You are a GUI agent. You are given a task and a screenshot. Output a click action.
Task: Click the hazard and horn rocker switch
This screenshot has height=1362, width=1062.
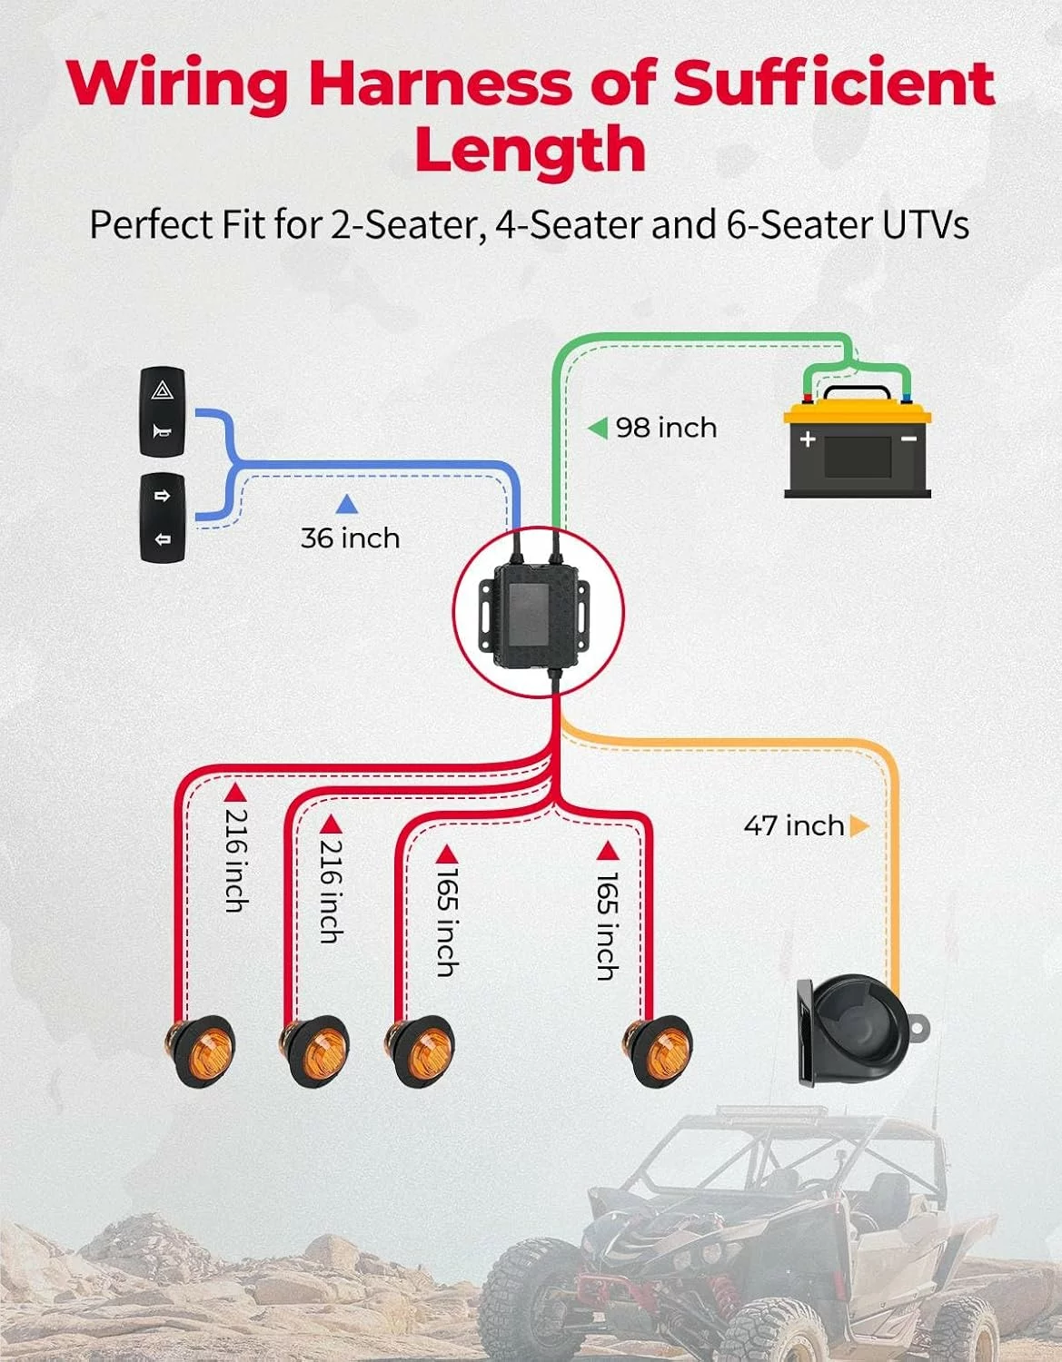click(162, 411)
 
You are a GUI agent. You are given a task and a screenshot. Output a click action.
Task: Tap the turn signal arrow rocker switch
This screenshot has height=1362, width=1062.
click(162, 518)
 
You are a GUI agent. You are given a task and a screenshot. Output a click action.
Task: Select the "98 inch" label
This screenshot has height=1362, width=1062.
click(666, 428)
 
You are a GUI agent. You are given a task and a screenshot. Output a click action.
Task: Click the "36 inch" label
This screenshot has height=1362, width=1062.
click(350, 538)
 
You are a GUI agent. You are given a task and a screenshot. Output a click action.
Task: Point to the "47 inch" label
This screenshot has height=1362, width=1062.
click(794, 825)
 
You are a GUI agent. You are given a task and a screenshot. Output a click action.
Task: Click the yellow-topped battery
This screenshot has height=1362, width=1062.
click(858, 441)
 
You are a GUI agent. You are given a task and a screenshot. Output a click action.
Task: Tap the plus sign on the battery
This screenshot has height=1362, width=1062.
click(808, 439)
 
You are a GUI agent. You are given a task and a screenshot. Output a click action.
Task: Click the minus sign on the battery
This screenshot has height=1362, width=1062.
click(908, 439)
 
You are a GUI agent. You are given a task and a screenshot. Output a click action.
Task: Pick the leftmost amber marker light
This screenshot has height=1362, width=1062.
click(199, 1051)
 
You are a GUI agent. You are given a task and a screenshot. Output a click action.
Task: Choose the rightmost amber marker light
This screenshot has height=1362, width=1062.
click(657, 1051)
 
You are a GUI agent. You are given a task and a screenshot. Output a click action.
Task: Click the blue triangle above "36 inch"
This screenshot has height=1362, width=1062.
click(347, 504)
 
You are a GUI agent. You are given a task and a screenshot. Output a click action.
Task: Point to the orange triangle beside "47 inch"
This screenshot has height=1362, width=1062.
click(859, 825)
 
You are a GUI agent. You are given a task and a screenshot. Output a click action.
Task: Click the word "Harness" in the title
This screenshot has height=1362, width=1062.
click(440, 84)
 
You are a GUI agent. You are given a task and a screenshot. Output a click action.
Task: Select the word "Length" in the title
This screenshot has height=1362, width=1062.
click(531, 149)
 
